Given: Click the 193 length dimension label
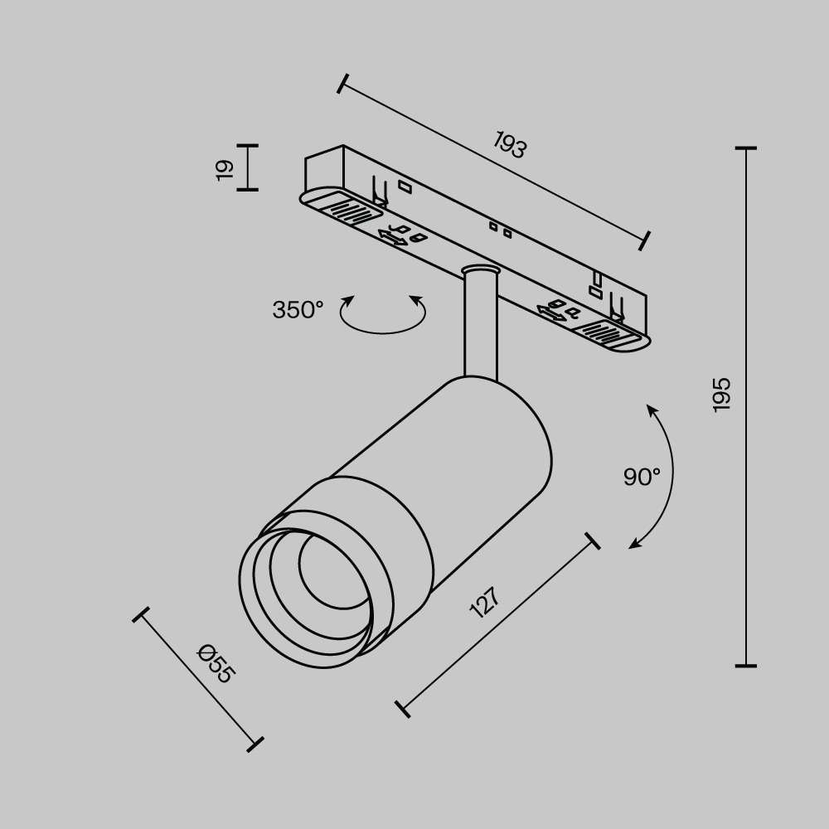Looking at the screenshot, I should click(x=511, y=145).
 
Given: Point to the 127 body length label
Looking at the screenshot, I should click(x=485, y=603).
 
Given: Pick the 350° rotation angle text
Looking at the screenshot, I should click(x=298, y=310).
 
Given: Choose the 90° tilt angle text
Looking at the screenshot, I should click(x=642, y=477).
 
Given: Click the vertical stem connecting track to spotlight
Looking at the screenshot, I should click(x=480, y=327).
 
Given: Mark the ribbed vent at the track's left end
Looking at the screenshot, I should click(x=343, y=207).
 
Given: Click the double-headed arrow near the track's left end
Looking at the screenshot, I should click(x=392, y=238).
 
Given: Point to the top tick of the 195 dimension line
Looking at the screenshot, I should click(x=746, y=148).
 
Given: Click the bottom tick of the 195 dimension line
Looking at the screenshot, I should click(x=746, y=665).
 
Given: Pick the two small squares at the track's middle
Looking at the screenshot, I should click(x=500, y=229).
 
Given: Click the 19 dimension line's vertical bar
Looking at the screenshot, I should click(x=248, y=167).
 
